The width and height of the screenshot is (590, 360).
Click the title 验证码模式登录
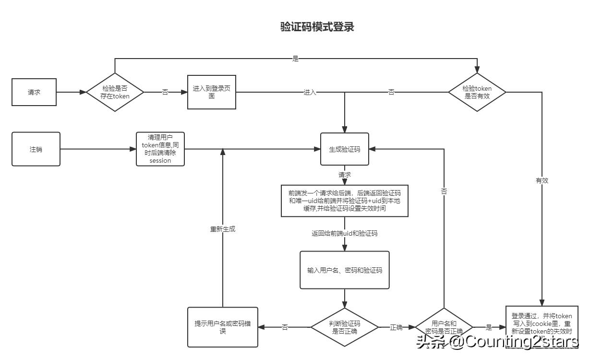[317, 27]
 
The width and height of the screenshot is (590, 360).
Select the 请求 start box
[34, 92]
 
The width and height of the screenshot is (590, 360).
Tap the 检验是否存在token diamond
[115, 92]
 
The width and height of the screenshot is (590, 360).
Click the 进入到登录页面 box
[211, 92]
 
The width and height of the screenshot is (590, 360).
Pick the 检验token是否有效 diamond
[477, 92]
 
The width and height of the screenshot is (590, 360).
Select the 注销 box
[36, 149]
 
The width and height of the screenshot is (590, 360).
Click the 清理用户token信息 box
[160, 149]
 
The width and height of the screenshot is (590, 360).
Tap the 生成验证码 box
[345, 149]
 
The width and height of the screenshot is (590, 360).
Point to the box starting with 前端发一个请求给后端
[345, 200]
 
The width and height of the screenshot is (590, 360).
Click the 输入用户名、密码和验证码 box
[345, 270]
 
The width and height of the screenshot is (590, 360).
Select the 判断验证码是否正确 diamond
[345, 327]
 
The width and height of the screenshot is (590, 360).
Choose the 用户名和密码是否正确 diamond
[444, 327]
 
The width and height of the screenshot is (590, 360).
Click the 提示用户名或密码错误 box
[223, 327]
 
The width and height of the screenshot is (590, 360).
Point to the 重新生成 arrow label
[223, 229]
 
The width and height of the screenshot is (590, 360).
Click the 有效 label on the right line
[542, 181]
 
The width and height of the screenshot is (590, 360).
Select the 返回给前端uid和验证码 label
[345, 234]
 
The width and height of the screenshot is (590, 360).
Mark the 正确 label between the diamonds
[396, 327]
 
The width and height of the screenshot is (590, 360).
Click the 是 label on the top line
[295, 59]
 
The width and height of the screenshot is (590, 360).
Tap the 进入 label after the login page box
[310, 92]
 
